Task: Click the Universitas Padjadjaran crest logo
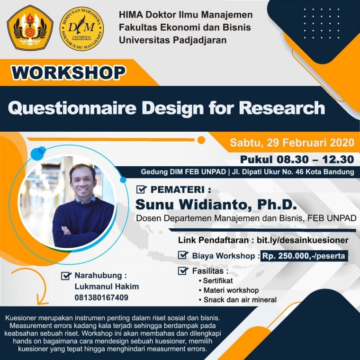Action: click(x=30, y=28)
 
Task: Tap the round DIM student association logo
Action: click(x=82, y=28)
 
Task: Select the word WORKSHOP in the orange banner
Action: click(x=69, y=72)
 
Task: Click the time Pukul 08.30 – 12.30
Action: click(x=297, y=159)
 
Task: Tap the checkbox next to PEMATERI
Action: click(x=141, y=190)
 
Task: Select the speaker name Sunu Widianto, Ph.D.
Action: click(x=216, y=204)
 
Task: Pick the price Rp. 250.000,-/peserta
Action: click(x=305, y=256)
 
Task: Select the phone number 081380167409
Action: click(x=101, y=297)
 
